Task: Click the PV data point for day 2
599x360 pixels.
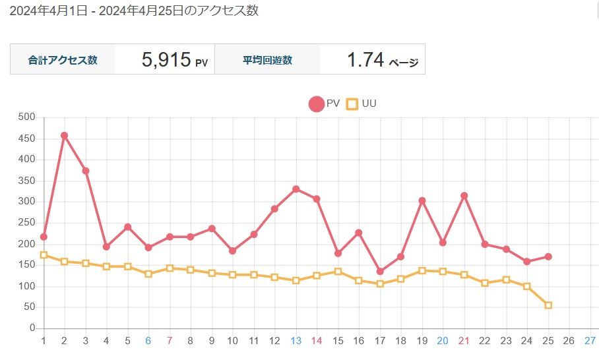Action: tap(64, 136)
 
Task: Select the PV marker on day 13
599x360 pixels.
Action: tap(296, 189)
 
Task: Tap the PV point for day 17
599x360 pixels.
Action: tap(380, 272)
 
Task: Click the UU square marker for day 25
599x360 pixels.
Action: tap(548, 305)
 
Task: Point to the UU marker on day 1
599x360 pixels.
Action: tap(44, 255)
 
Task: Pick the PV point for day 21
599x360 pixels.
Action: tap(464, 196)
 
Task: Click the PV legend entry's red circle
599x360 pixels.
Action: tap(316, 104)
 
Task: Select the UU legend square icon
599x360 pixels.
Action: tap(352, 104)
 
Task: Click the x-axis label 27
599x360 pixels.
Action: tap(590, 341)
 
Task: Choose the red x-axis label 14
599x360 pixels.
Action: tap(317, 341)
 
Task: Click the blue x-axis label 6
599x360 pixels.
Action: tap(148, 341)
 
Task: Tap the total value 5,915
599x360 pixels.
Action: tap(166, 60)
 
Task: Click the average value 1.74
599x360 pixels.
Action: tap(365, 60)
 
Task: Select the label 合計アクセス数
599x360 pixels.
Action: tap(63, 60)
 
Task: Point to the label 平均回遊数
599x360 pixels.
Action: tap(267, 60)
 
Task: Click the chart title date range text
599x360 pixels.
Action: tap(129, 11)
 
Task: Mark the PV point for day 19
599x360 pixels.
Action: tap(422, 200)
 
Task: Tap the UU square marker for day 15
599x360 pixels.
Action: tap(338, 272)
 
